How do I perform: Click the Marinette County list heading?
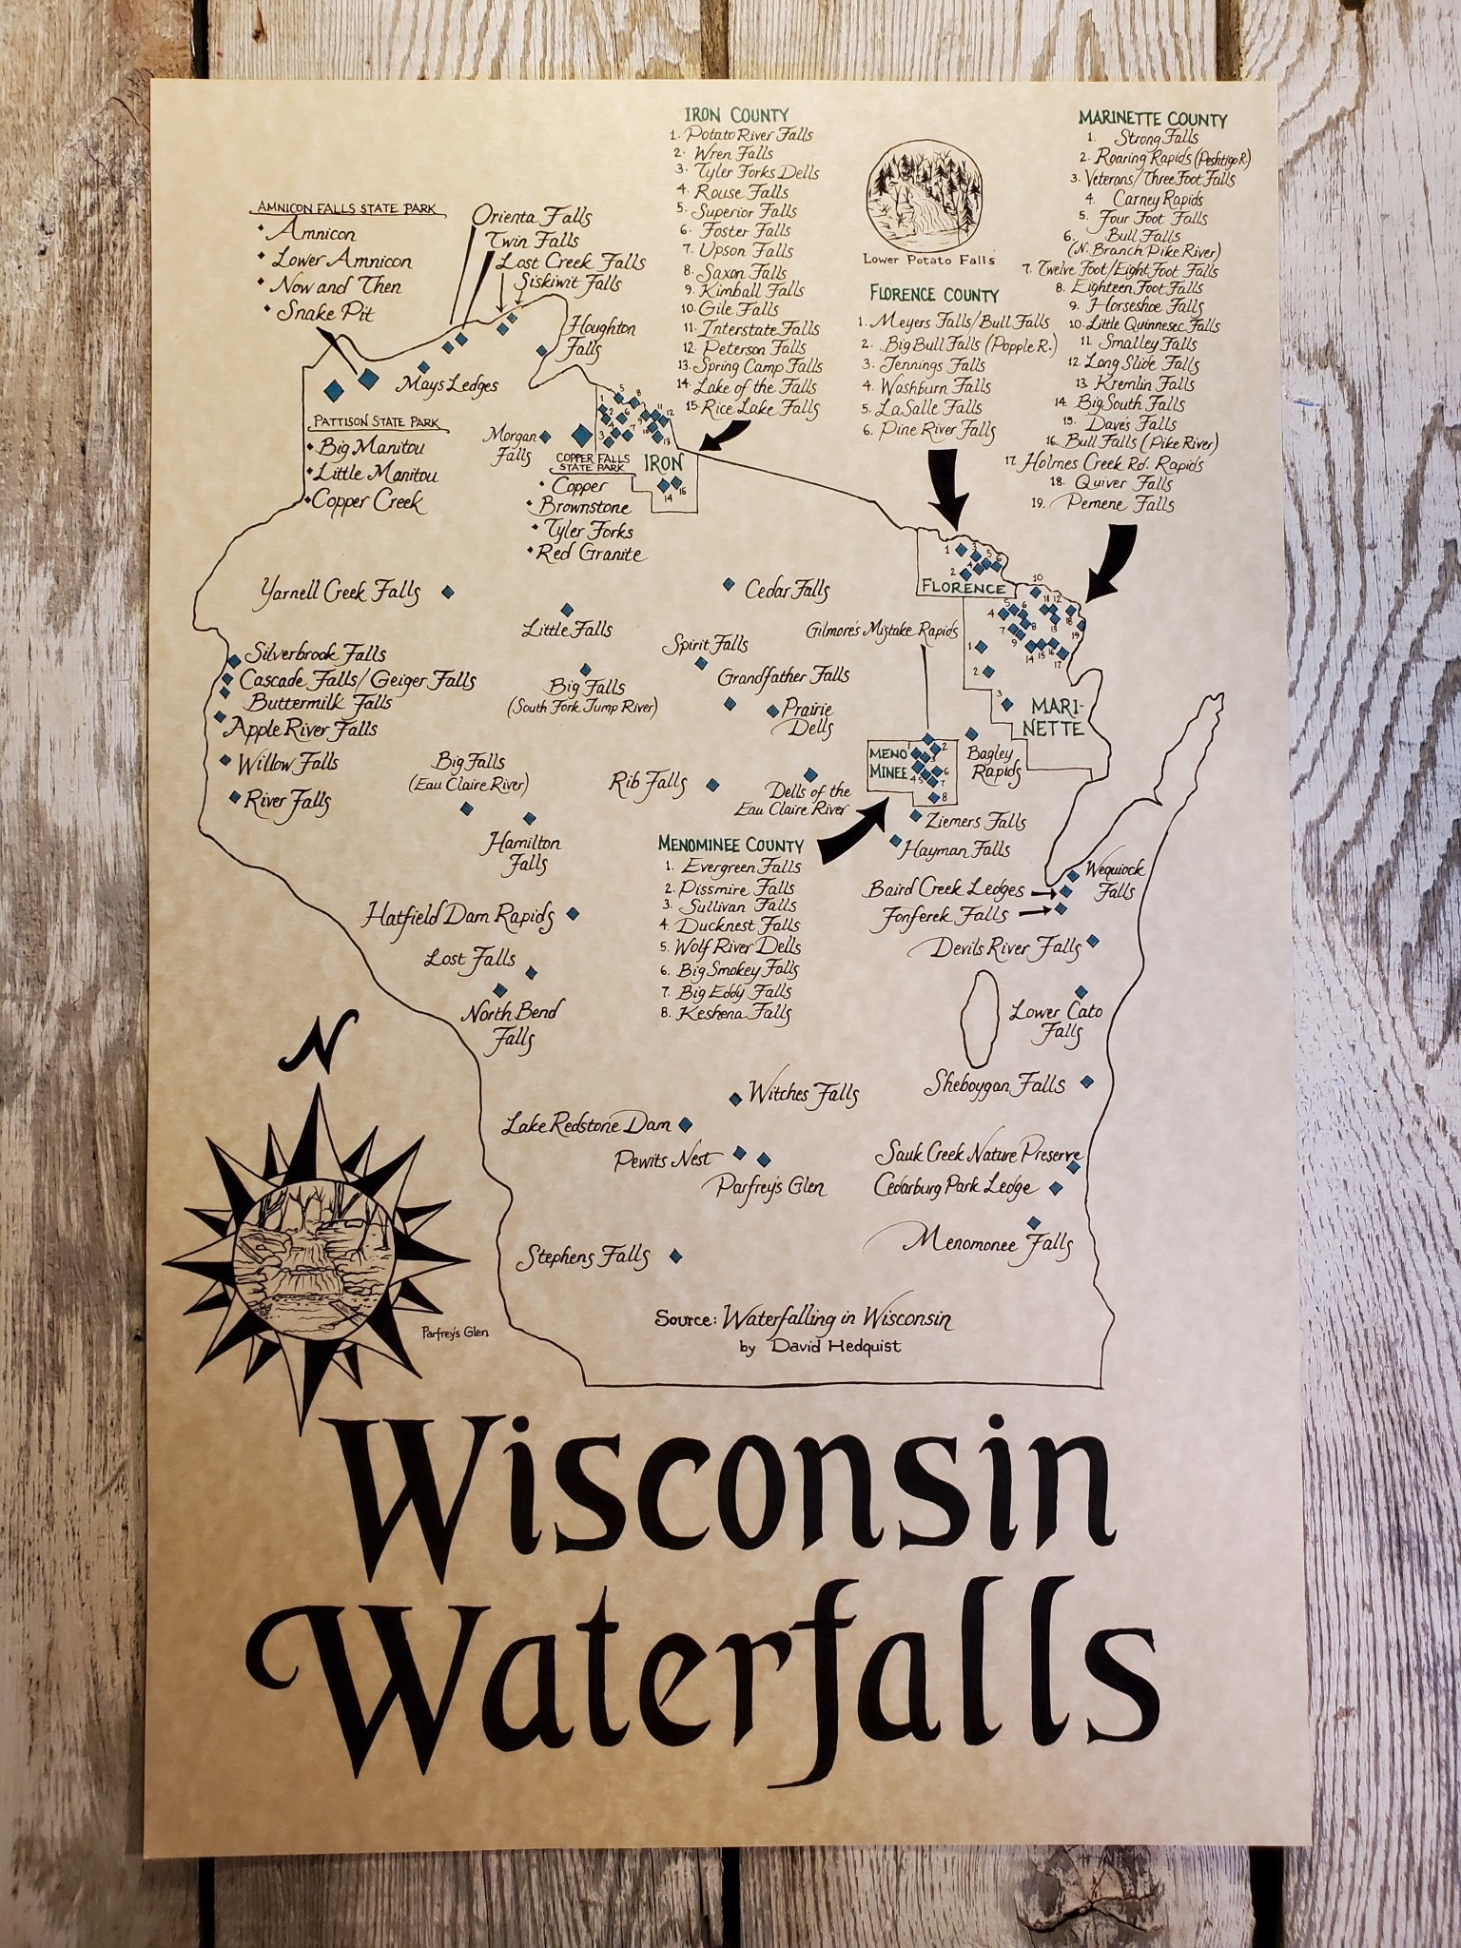[1152, 119]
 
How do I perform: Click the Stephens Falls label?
[582, 1257]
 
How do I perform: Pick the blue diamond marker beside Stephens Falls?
[675, 1256]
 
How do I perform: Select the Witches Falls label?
[804, 1094]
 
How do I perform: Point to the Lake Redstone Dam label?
[588, 1124]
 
